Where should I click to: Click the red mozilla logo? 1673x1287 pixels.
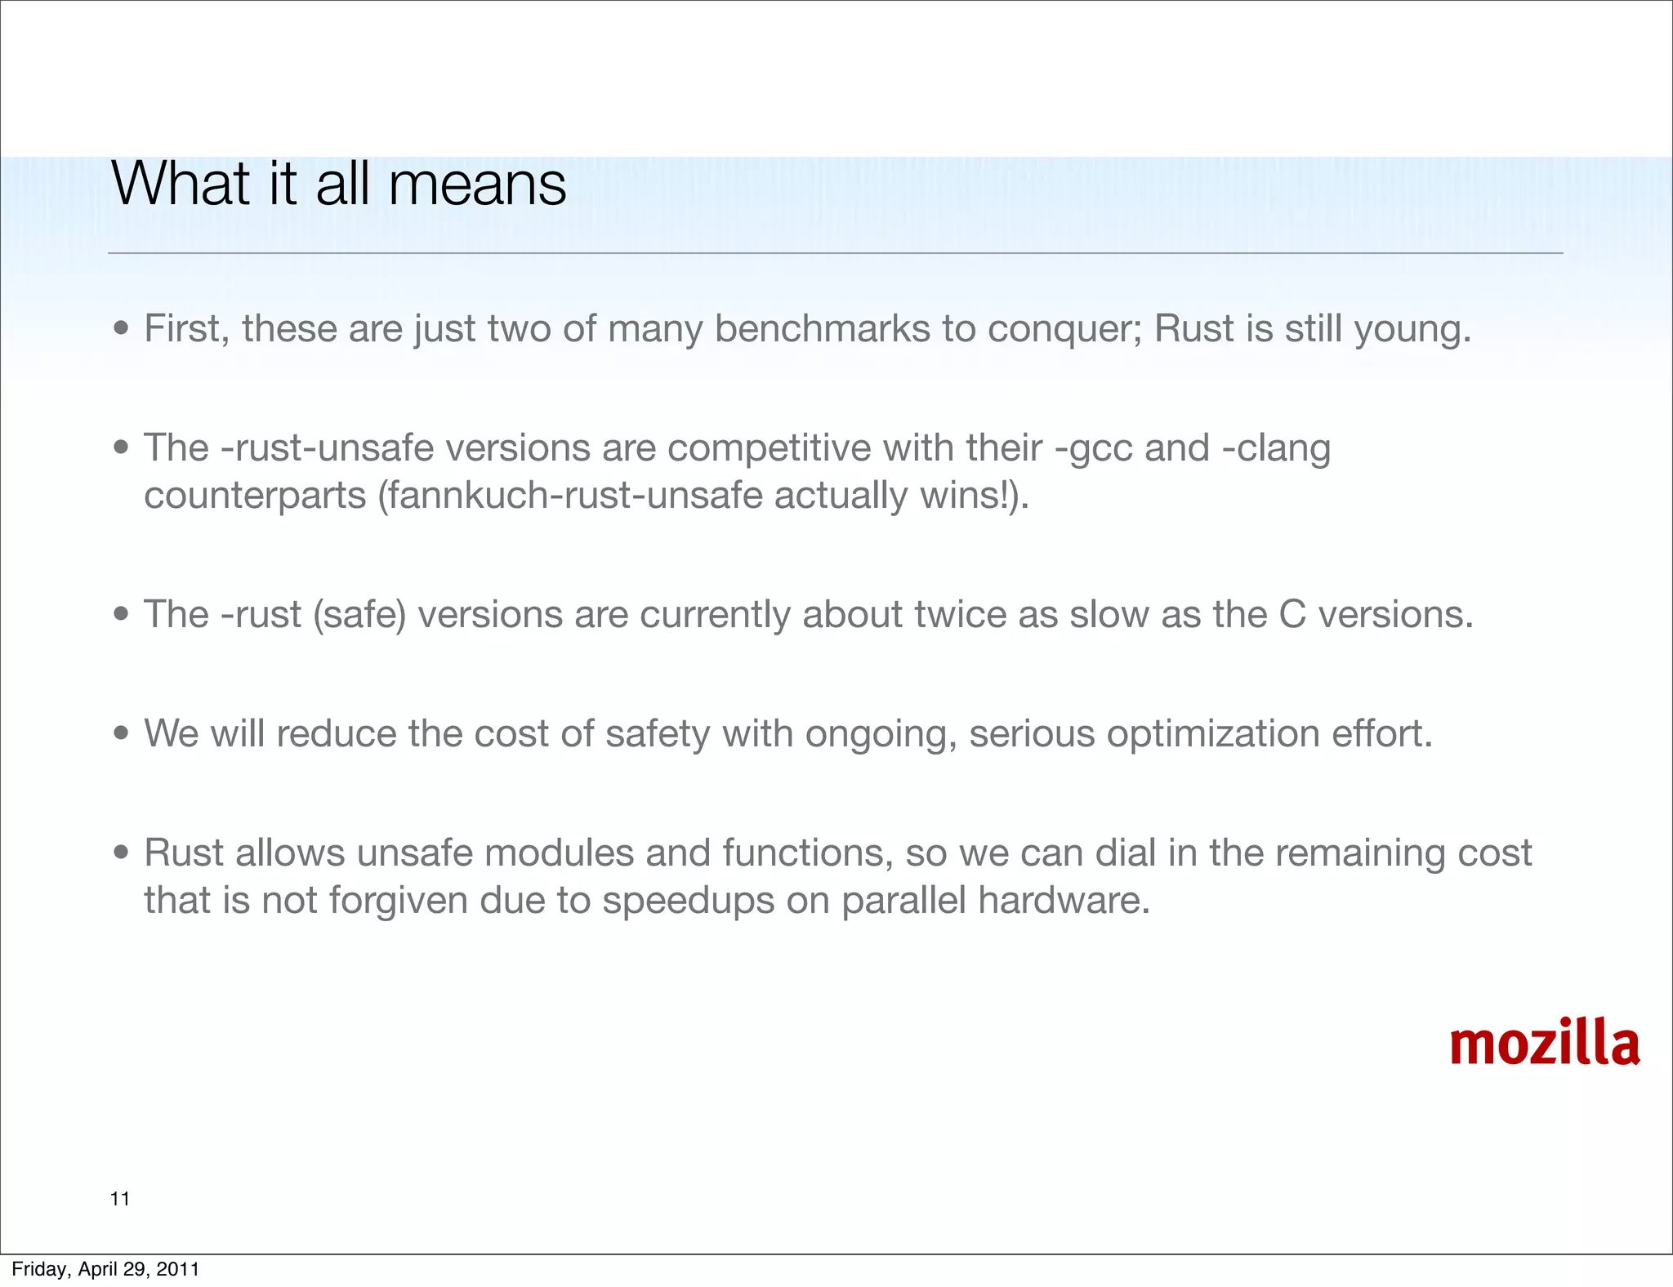tap(1544, 1044)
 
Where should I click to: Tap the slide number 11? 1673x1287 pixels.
tap(120, 1199)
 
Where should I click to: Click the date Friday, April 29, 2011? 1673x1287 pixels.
tap(105, 1269)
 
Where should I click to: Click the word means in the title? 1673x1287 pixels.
tap(477, 185)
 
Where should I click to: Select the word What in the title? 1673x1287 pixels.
tap(181, 185)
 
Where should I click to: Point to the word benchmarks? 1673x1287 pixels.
tap(823, 329)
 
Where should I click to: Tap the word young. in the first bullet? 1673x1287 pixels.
tap(1413, 329)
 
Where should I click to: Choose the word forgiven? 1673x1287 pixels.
tap(397, 901)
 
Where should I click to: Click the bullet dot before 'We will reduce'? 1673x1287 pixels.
tap(122, 733)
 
